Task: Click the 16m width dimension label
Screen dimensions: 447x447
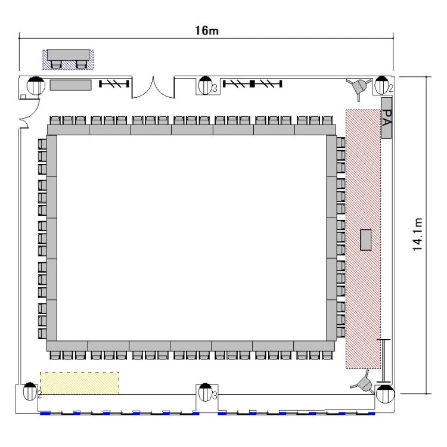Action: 207,30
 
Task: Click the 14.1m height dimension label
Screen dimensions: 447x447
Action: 418,234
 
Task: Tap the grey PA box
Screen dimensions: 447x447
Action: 387,118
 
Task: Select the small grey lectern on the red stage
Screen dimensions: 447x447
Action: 366,240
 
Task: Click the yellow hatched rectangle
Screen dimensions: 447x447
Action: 79,383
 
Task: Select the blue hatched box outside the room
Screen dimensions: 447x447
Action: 68,60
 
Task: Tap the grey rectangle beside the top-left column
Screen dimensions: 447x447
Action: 71,85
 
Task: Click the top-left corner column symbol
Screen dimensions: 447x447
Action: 36,85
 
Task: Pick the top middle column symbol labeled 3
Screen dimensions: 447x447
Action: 205,85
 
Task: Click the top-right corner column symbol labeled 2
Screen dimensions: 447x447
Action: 381,85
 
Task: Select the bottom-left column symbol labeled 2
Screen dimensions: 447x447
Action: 30,391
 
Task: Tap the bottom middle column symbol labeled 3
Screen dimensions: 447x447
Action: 205,392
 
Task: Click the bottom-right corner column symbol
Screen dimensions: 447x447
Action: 385,394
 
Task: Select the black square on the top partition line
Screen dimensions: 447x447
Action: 252,84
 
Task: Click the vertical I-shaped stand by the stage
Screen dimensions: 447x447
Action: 384,361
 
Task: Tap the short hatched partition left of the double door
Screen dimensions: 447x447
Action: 114,84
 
